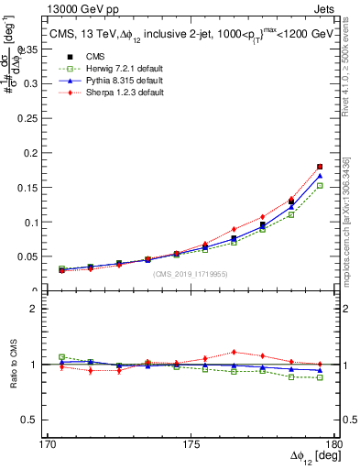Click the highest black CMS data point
pyautogui.click(x=320, y=167)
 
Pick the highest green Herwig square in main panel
pyautogui.click(x=320, y=185)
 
